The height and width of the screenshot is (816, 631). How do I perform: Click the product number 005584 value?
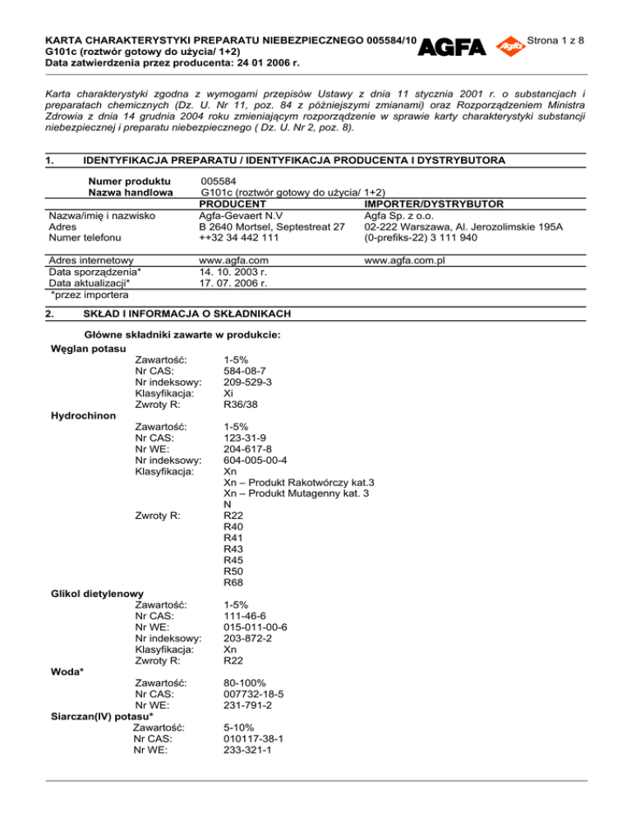(217, 180)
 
